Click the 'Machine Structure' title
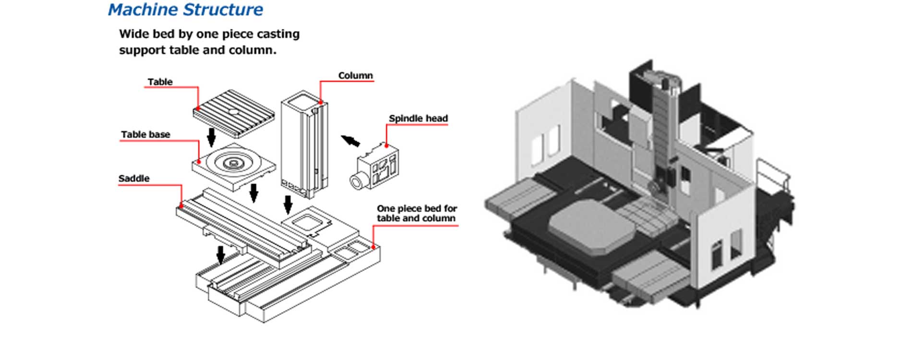185,10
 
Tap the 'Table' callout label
160,82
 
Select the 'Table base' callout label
145,135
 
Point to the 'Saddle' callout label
134,179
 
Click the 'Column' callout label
355,76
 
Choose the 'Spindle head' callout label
418,119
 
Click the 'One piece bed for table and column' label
416,213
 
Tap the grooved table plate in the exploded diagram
234,113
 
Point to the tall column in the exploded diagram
303,144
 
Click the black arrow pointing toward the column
350,141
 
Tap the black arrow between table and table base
211,137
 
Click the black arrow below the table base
254,192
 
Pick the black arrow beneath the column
288,204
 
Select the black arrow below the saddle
221,255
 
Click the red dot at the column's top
321,102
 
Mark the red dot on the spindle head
386,144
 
